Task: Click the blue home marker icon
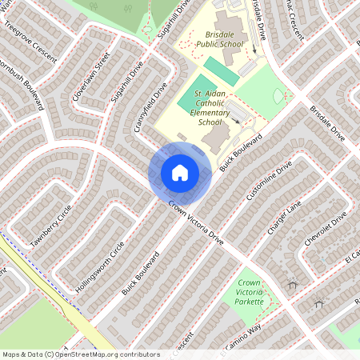tap(180, 172)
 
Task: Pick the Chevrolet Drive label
tap(327, 230)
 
